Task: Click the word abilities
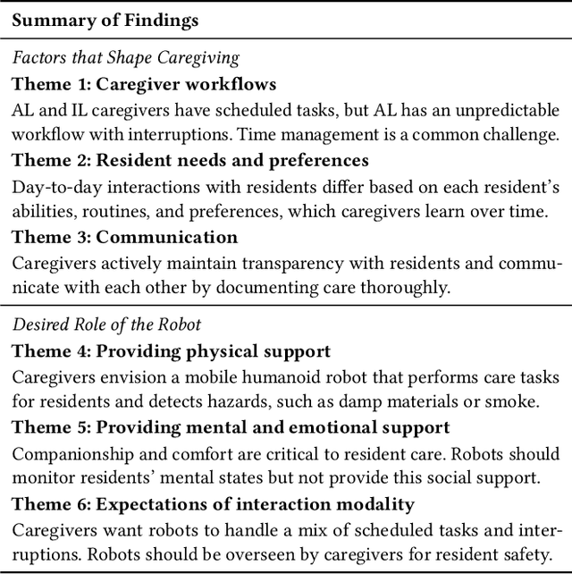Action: tap(42, 212)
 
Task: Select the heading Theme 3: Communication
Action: tap(125, 238)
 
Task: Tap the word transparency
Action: tap(284, 263)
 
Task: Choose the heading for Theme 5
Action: tap(231, 426)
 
